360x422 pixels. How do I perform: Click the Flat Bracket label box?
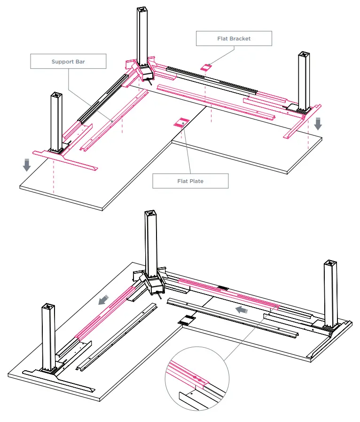(234, 38)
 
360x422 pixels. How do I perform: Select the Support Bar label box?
(68, 62)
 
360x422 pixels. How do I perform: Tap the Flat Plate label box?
(190, 181)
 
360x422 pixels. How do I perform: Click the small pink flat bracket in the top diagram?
(205, 68)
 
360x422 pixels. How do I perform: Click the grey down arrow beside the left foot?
(27, 165)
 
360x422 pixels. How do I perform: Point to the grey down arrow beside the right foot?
(318, 123)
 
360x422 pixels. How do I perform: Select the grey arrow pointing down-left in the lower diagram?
(103, 299)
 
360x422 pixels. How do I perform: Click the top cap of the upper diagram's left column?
(57, 95)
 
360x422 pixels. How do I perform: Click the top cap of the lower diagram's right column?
(330, 263)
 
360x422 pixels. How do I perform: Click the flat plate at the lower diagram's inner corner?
(187, 319)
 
